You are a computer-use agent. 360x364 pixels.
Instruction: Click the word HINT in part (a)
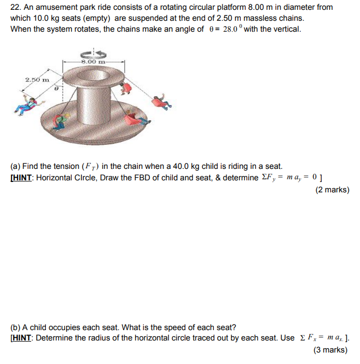coord(22,178)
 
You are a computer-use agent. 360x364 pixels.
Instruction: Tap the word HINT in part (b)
coord(22,338)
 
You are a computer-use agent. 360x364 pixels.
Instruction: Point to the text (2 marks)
coord(332,190)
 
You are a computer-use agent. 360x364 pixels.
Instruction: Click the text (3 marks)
coord(330,350)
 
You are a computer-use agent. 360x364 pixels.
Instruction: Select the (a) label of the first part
coord(15,166)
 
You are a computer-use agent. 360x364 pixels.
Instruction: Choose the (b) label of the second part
coord(15,327)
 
